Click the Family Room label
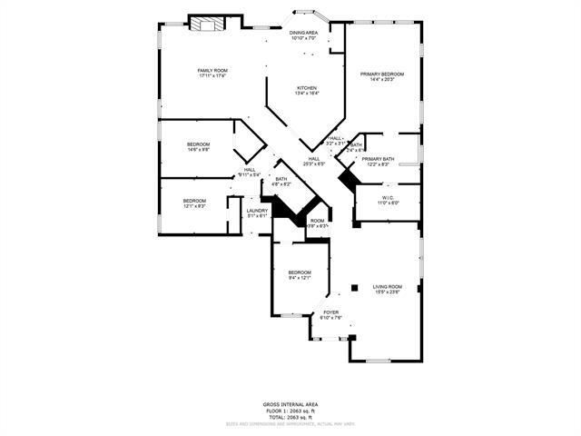212,70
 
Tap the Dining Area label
304,33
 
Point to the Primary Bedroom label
381,74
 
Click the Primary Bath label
378,160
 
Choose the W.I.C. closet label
387,196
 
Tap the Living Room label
388,287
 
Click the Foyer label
331,312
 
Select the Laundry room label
258,211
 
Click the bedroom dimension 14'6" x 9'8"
199,150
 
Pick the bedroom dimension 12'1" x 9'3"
194,206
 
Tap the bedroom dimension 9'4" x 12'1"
300,278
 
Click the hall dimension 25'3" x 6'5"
313,164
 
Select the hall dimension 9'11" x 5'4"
249,174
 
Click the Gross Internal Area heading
290,404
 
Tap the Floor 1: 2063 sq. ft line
290,410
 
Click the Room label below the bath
317,221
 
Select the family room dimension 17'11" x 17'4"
212,75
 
